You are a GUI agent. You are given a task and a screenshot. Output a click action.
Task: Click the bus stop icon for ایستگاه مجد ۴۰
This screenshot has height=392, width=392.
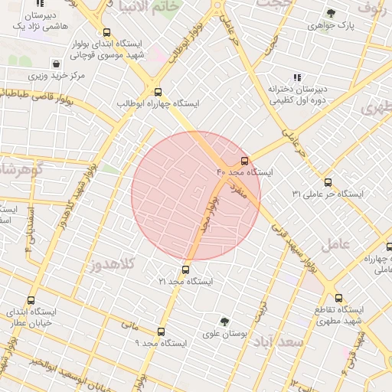[244, 161]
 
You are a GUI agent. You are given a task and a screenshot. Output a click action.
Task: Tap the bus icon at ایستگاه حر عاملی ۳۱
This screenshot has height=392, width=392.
[328, 182]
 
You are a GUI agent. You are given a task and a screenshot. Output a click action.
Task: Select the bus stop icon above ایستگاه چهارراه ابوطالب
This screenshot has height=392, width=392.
[158, 92]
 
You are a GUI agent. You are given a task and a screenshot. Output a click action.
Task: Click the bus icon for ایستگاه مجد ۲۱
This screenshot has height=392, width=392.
[185, 269]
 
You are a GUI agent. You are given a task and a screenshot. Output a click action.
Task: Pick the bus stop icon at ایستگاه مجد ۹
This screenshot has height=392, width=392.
[161, 332]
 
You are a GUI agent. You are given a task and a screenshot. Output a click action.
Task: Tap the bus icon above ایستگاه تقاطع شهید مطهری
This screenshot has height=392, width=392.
[338, 299]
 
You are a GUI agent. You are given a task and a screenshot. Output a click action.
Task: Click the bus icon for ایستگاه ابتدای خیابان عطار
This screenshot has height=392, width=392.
[31, 300]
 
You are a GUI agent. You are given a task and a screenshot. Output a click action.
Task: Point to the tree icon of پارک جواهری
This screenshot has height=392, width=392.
[331, 13]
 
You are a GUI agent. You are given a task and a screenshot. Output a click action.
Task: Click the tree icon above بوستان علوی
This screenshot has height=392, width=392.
[224, 322]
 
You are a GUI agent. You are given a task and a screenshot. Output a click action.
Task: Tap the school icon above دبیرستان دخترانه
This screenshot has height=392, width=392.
[297, 77]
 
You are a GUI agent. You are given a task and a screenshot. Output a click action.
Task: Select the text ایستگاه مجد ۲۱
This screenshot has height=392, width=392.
[185, 282]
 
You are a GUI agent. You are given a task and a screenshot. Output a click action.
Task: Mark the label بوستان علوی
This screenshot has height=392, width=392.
[223, 334]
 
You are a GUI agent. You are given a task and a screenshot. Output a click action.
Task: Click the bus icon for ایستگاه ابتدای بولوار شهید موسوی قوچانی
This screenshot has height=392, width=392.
[106, 33]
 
